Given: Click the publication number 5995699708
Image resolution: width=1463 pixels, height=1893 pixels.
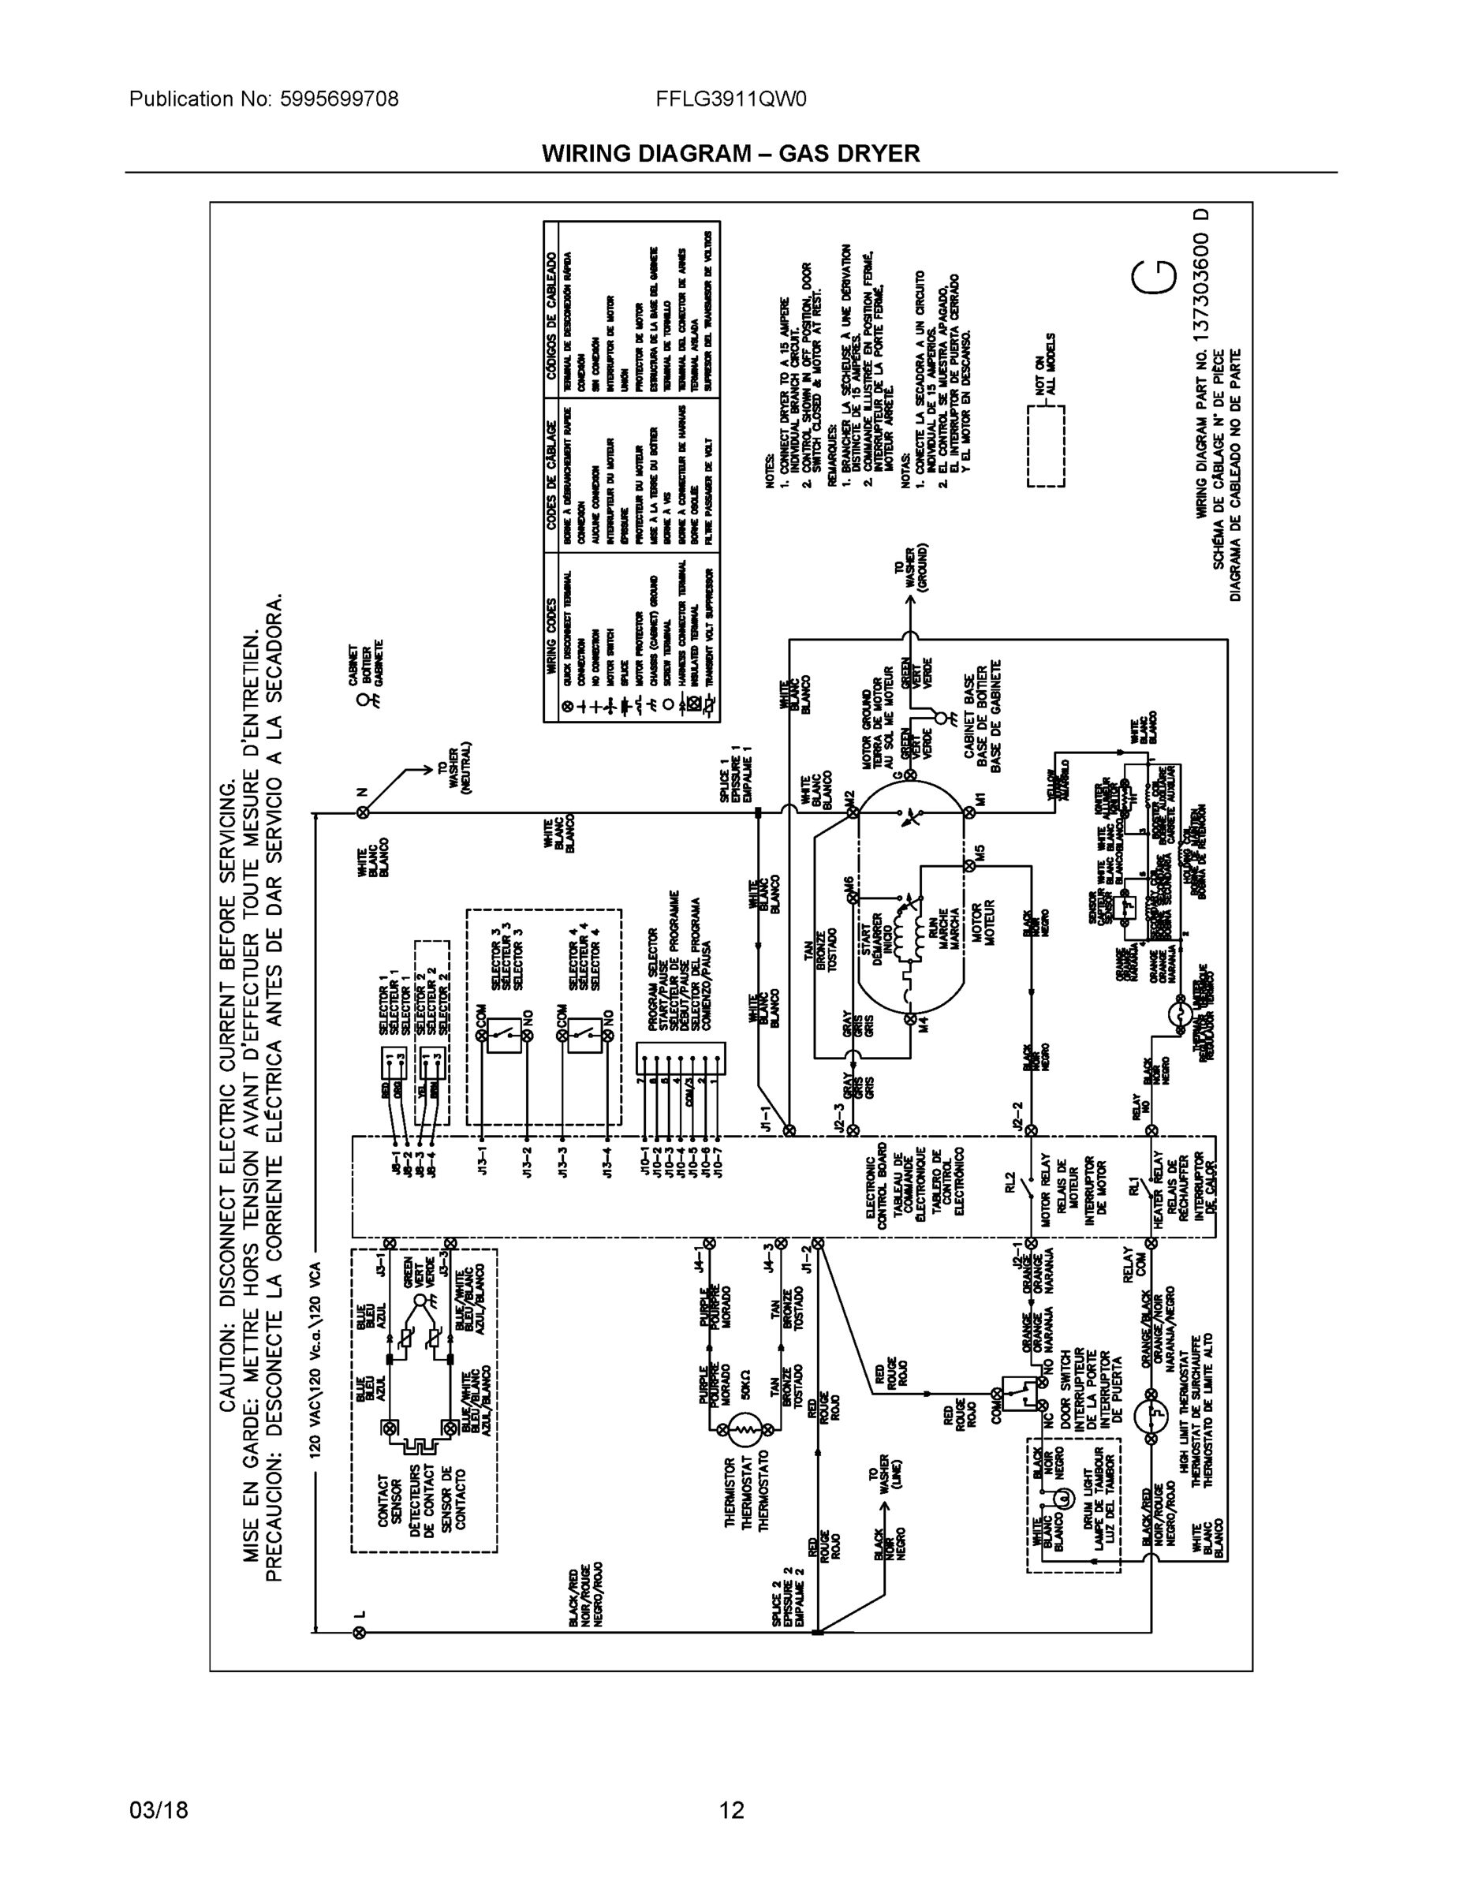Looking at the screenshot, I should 339,99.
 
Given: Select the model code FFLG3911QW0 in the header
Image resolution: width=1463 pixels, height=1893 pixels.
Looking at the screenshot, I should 732,99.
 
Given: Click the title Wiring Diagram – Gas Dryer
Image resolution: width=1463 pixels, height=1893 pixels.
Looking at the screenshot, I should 730,155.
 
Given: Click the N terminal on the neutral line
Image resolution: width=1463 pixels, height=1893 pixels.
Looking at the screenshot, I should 362,812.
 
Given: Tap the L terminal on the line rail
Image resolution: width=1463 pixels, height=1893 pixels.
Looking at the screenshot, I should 360,1633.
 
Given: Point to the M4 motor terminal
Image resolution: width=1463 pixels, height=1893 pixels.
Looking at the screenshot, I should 911,1020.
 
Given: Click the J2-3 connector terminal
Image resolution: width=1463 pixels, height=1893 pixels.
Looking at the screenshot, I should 853,1130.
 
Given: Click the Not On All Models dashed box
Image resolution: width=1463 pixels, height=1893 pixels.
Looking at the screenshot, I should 1045,446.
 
